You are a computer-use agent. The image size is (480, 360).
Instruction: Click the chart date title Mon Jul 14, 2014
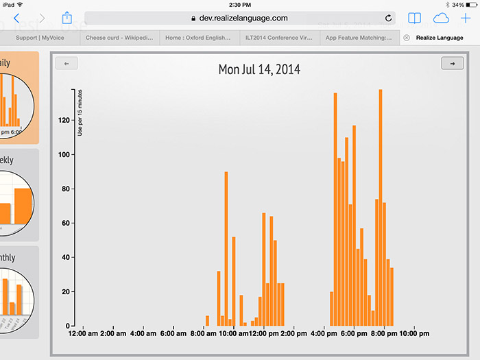pos(259,69)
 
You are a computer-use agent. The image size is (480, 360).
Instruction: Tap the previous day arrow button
pos(67,64)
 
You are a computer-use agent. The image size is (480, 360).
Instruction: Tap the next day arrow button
pos(452,64)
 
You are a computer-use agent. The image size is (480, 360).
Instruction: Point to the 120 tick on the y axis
pos(66,120)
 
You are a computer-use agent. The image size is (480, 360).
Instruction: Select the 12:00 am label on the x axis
pos(83,334)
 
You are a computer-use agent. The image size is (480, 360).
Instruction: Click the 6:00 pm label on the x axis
pos(353,334)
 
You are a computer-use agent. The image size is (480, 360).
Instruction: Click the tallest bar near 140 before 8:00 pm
pos(381,206)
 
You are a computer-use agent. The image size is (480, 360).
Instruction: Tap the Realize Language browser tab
pos(439,38)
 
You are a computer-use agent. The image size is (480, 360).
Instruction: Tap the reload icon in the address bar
pos(389,19)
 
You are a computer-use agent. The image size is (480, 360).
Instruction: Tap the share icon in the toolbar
pos(67,18)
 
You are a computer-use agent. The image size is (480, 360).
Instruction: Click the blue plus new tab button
pos(466,18)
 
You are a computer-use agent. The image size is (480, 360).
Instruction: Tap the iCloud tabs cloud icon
pos(440,18)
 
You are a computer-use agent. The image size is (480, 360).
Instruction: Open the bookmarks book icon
pos(413,18)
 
